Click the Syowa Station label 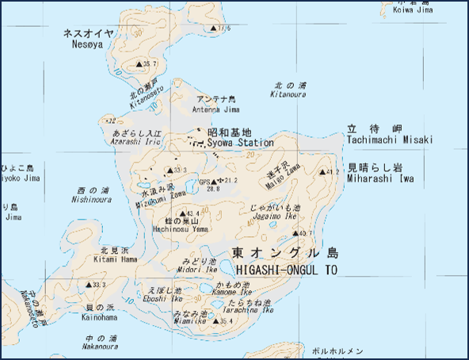[239, 143]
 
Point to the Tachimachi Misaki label [390, 140]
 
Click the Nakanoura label [101, 347]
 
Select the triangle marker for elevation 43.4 [183, 213]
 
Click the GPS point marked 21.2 [221, 181]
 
